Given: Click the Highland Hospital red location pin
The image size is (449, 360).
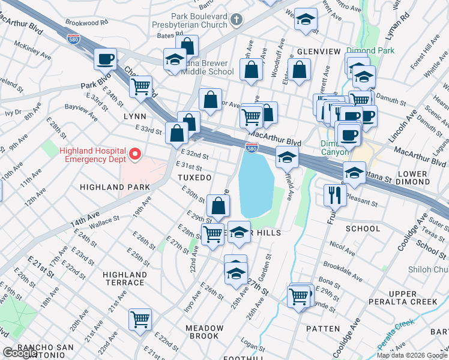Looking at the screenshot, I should coord(135,155).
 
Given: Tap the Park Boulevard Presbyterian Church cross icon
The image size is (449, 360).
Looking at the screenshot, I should coord(237,20).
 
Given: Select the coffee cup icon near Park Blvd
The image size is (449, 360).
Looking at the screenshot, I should coord(105,59).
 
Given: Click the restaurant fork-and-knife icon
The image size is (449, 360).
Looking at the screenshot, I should coord(334,194).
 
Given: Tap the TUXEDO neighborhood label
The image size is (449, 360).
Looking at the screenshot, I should coord(194,178).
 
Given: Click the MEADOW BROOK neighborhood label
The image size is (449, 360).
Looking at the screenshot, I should coord(204,332).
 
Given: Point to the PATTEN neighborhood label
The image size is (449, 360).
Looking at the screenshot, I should coord(323,329).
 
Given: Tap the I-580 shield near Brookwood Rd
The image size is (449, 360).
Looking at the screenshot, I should coord(73,39).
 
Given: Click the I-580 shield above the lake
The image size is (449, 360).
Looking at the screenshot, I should coord(252,148).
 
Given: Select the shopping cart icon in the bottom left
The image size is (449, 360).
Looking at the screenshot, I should coord(140,319).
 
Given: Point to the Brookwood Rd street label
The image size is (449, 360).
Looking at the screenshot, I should coord(88,22).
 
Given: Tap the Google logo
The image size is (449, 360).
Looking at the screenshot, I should coord(20,353).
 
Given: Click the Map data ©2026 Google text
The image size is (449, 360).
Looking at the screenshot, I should coord(411,355).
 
